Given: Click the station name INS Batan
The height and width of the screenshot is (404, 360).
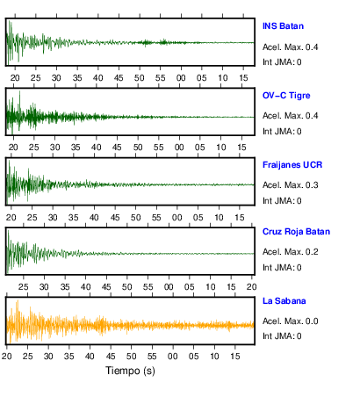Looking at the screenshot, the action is (283, 26).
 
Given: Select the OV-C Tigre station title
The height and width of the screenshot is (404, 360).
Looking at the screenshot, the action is (286, 96).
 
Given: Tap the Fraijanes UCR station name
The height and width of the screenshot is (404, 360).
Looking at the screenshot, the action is (292, 165).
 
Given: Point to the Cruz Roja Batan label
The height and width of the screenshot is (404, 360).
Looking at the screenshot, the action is (296, 232).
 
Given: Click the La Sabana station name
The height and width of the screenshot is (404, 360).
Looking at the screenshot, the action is (284, 301).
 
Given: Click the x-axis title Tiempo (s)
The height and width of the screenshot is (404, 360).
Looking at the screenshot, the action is (130, 371).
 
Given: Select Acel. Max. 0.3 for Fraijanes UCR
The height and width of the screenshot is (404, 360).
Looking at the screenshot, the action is (291, 185).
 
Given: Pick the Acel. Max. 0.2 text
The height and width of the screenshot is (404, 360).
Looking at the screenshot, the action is (291, 252).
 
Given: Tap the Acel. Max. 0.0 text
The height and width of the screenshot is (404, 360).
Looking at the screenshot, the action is (291, 321).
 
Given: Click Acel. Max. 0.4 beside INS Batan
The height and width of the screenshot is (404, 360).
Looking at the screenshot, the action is (291, 47).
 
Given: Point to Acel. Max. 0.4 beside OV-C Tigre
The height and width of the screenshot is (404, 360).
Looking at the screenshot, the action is (291, 116).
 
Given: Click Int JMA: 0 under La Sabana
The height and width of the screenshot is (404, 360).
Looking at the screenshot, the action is (282, 336).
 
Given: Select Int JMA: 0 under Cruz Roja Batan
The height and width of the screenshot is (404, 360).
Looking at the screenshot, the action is (282, 268).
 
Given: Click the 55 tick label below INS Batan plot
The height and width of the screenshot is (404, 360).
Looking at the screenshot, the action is (160, 78).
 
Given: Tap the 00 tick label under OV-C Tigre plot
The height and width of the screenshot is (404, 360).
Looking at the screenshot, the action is (179, 147).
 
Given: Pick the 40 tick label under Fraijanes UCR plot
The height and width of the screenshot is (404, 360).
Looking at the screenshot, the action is (94, 218).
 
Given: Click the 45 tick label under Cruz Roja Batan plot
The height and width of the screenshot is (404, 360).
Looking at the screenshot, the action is (106, 287).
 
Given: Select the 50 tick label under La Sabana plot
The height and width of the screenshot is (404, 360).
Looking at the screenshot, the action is (131, 357).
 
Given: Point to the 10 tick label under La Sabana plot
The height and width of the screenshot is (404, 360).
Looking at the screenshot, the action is (214, 357).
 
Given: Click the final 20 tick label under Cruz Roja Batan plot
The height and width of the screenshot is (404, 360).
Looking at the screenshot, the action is (251, 287).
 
